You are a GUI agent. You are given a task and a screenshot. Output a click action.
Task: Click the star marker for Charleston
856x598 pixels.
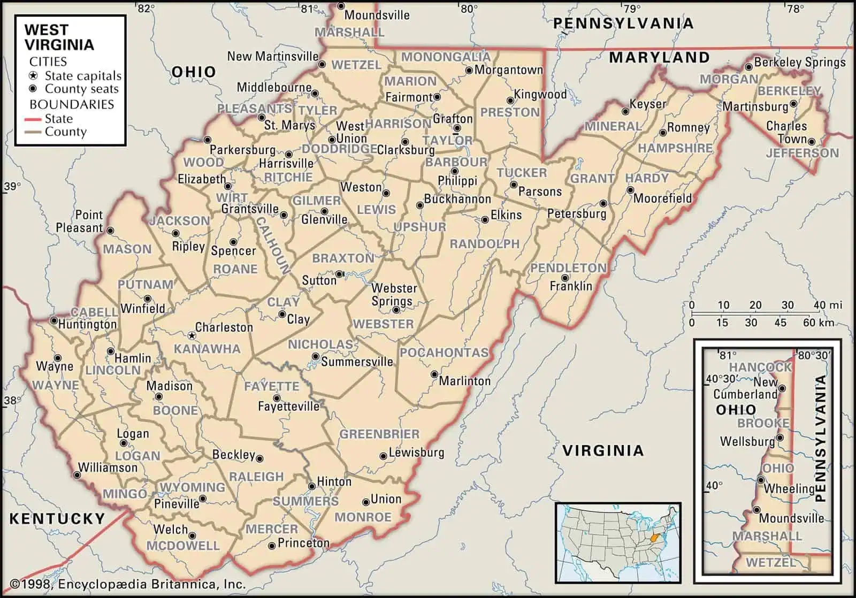click(192, 335)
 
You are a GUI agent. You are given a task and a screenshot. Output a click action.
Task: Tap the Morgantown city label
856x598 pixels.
click(508, 70)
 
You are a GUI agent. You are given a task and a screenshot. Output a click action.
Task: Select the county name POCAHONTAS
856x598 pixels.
click(444, 352)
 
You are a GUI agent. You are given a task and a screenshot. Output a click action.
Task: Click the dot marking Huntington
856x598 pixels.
click(54, 321)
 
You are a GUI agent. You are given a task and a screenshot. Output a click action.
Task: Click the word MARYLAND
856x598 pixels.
click(659, 57)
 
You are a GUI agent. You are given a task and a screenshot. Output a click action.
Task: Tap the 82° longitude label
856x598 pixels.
click(146, 8)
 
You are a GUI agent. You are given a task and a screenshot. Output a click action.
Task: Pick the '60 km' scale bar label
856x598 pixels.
click(818, 323)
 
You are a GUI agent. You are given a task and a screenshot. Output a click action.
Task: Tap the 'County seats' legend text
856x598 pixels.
click(81, 89)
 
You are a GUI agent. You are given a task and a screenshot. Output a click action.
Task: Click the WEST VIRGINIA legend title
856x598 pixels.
click(59, 37)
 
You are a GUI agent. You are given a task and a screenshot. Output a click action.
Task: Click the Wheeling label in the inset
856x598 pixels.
click(789, 488)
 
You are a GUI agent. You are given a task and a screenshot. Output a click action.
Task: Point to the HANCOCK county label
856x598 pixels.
click(760, 367)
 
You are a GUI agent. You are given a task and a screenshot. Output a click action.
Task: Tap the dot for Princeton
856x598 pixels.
click(272, 545)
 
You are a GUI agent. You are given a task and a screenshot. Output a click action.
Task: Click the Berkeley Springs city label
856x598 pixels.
click(799, 63)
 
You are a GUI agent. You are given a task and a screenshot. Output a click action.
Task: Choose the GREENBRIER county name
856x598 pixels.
click(379, 434)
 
